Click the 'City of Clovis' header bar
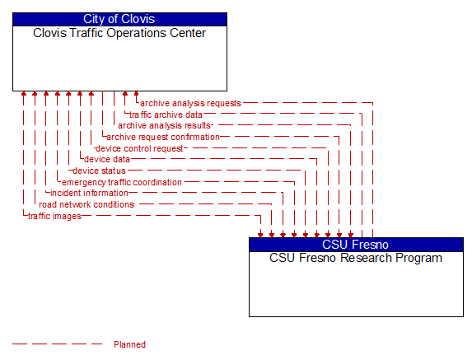pyautogui.click(x=119, y=19)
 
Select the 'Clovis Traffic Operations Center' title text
pyautogui.click(x=119, y=34)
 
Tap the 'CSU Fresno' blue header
pyautogui.click(x=356, y=244)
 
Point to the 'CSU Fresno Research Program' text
pyautogui.click(x=356, y=258)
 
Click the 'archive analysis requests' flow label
pyautogui.click(x=190, y=103)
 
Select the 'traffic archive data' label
pyautogui.click(x=166, y=115)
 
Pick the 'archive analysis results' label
pyautogui.click(x=165, y=125)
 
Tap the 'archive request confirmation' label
pyautogui.click(x=163, y=137)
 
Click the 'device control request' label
pyautogui.click(x=139, y=148)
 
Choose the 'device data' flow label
pyautogui.click(x=107, y=159)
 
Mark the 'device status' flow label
pyautogui.click(x=99, y=171)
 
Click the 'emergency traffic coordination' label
pyautogui.click(x=122, y=182)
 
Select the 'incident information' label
pyautogui.click(x=95, y=193)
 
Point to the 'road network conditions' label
pyautogui.click(x=86, y=204)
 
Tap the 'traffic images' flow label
pyautogui.click(x=54, y=216)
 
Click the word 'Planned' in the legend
pyautogui.click(x=129, y=344)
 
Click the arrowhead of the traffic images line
pyautogui.click(x=261, y=233)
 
